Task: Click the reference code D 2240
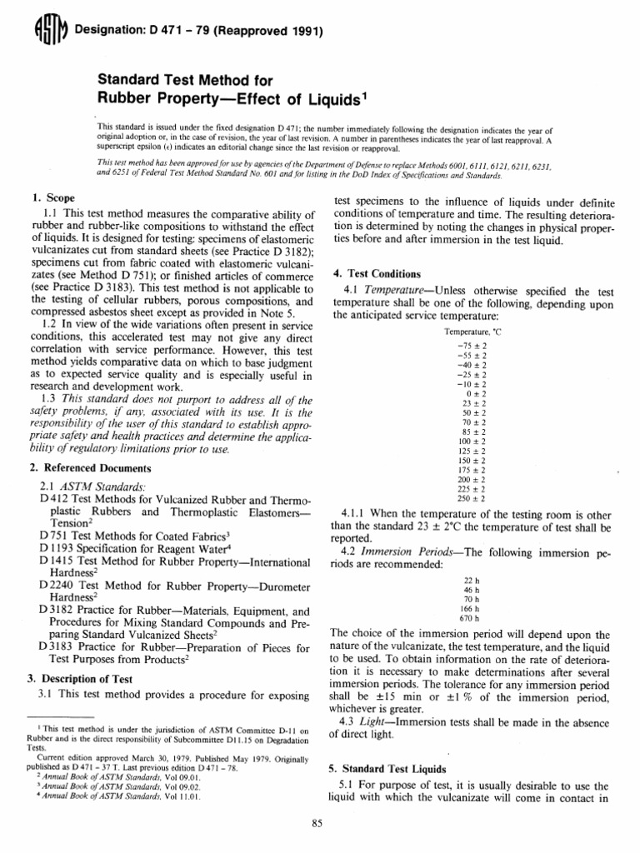pyautogui.click(x=57, y=586)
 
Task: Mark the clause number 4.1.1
pyautogui.click(x=355, y=512)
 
